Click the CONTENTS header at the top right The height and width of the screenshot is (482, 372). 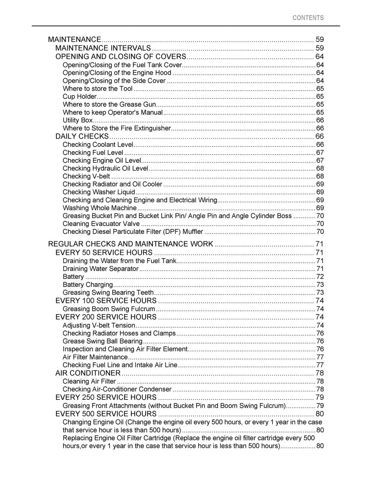(308, 18)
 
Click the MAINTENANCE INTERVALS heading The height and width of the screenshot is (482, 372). (103, 48)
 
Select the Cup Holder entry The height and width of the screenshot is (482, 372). (80, 97)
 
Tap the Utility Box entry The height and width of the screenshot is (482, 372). (77, 120)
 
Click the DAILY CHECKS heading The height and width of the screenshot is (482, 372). (82, 136)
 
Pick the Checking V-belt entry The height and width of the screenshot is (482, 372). (86, 176)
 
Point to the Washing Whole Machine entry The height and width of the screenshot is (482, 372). (100, 208)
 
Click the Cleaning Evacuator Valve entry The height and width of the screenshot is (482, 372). (101, 224)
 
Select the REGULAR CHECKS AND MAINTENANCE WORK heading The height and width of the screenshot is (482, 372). (130, 244)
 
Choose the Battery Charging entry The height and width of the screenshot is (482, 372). (88, 285)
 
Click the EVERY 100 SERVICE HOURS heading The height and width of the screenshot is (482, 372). (106, 301)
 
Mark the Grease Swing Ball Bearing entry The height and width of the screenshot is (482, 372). (102, 341)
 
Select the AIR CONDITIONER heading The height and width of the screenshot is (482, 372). (88, 373)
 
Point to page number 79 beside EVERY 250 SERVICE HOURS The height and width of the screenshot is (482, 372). (319, 397)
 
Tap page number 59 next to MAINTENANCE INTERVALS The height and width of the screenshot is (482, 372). (319, 48)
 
